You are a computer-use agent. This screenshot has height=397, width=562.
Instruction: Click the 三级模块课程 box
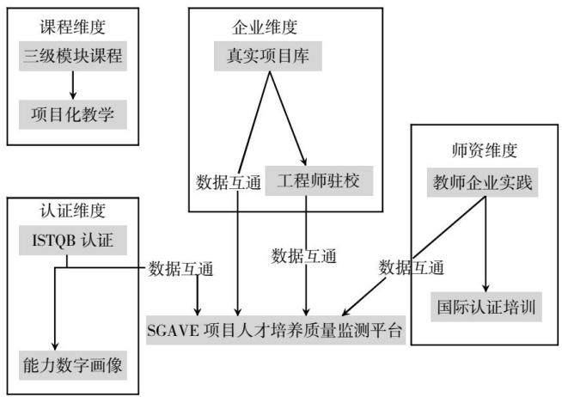click(x=73, y=56)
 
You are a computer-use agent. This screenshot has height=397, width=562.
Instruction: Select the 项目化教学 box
click(x=73, y=114)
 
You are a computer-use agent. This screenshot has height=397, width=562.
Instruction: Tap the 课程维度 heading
click(x=73, y=27)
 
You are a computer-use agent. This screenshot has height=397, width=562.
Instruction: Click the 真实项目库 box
click(x=268, y=56)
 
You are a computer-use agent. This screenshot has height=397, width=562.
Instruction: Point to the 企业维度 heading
click(x=265, y=27)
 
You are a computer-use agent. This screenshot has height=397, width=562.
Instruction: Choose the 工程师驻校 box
click(x=319, y=180)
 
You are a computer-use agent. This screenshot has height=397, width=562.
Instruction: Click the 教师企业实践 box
click(x=482, y=182)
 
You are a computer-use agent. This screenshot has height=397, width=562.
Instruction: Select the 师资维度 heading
click(x=485, y=150)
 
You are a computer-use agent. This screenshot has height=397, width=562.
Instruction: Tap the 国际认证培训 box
click(x=486, y=307)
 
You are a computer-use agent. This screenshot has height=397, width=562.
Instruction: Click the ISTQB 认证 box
click(x=73, y=240)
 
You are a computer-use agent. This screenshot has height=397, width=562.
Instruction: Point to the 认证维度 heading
click(x=73, y=211)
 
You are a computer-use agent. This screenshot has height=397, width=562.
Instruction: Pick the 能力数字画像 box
click(x=73, y=365)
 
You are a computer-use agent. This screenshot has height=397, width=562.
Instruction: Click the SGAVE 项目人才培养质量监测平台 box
click(x=276, y=330)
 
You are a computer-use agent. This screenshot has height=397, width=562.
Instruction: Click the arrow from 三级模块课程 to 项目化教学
click(x=73, y=85)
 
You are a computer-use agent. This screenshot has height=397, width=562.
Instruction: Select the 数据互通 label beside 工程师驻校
click(x=229, y=182)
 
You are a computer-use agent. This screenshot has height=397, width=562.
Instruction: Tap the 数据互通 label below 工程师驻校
click(x=303, y=256)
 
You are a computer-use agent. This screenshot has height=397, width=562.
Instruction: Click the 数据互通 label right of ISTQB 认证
click(x=181, y=269)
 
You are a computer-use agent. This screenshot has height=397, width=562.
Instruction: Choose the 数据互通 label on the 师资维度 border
click(x=412, y=267)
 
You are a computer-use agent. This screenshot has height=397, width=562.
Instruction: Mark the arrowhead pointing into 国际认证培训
click(x=486, y=288)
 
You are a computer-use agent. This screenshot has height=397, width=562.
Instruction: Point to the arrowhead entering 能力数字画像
click(x=55, y=346)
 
